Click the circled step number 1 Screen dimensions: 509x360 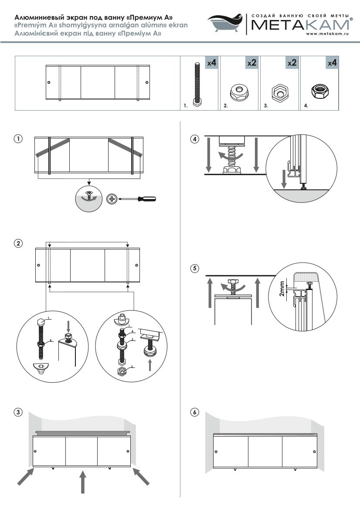18,139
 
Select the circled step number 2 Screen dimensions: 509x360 18,243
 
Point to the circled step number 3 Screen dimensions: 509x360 18,412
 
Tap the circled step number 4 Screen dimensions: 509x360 194,139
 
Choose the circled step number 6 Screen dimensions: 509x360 194,412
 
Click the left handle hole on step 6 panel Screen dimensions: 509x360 216,452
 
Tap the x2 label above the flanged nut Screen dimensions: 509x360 252,63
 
